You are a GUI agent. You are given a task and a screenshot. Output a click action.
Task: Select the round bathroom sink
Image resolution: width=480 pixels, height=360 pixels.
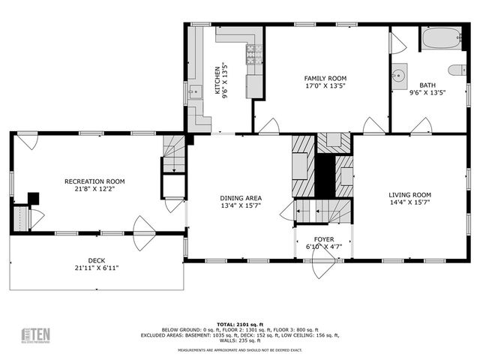[398, 75]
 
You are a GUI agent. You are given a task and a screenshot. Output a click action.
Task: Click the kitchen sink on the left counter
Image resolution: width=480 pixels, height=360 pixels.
[195, 92]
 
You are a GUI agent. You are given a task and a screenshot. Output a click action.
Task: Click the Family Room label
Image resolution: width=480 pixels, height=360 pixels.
[325, 78]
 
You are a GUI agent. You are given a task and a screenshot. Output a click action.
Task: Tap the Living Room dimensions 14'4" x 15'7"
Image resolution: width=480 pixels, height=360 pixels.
[409, 203]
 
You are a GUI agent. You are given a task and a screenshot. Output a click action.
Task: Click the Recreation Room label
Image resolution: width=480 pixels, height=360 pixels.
[94, 181]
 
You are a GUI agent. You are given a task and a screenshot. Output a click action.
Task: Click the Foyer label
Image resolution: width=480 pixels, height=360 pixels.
[325, 239]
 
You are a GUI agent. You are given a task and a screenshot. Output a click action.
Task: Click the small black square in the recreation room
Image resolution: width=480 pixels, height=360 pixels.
[33, 199]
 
